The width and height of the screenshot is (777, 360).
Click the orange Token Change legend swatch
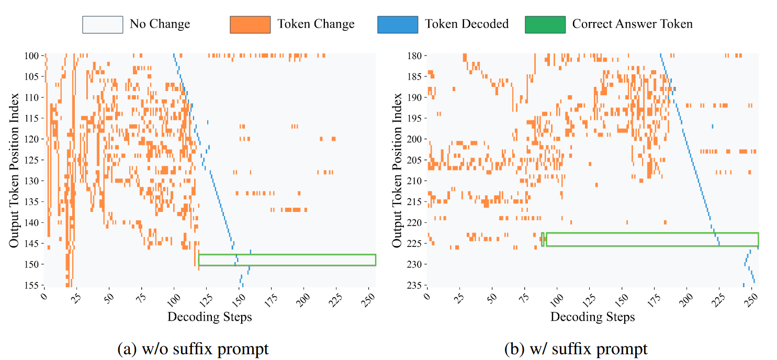click(250, 25)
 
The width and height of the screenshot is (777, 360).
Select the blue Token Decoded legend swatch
click(398, 25)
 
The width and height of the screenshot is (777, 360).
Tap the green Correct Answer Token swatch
click(545, 25)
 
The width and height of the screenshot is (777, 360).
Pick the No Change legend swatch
click(103, 25)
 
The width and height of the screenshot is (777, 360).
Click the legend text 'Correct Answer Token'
click(632, 24)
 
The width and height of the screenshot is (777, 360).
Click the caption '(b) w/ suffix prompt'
click(576, 348)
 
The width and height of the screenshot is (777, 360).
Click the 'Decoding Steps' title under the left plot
click(209, 317)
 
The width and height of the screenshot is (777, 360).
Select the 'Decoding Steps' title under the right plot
click(592, 317)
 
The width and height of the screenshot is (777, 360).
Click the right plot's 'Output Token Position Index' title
click(397, 170)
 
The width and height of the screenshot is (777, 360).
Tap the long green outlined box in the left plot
click(287, 260)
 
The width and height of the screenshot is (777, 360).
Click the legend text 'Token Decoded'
click(466, 24)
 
